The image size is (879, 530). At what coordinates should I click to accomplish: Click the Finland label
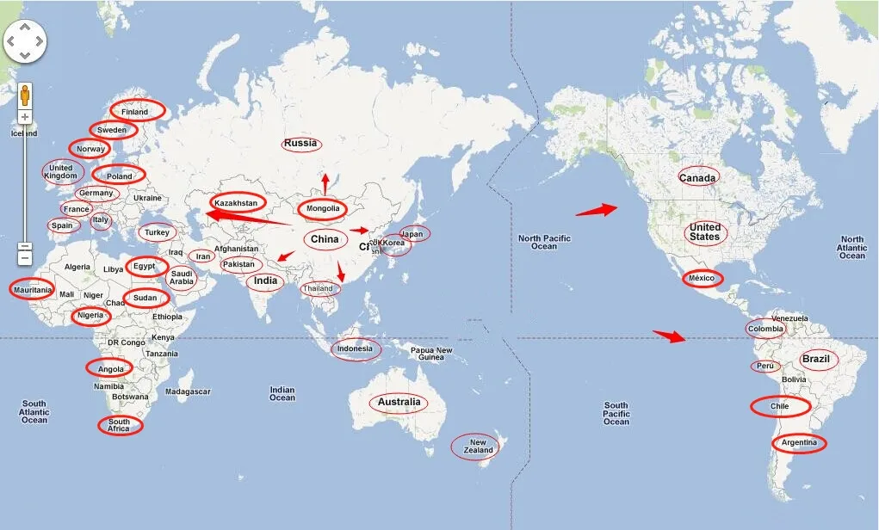tap(134, 112)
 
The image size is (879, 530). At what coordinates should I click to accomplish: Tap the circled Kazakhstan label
tap(236, 204)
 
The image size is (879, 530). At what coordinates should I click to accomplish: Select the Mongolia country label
tap(324, 209)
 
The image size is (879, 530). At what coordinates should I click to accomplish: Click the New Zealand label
tap(478, 447)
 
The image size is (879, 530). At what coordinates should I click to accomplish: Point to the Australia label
tap(399, 403)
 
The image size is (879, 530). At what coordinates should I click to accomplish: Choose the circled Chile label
tap(780, 406)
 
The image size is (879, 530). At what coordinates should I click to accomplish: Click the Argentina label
tap(799, 444)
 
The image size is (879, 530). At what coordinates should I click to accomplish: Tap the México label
tap(703, 279)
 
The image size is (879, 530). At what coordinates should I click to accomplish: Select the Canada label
tap(697, 178)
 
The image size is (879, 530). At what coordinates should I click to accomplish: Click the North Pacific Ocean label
tap(544, 243)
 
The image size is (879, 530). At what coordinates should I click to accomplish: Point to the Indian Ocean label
tap(282, 393)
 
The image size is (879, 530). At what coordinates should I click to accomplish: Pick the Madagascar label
tap(188, 391)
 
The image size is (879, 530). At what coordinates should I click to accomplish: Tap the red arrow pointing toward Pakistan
tap(285, 256)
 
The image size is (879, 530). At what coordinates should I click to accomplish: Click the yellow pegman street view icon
tap(25, 94)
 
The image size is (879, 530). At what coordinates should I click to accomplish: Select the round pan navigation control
tap(25, 40)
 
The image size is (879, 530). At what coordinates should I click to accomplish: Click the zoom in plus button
tap(25, 117)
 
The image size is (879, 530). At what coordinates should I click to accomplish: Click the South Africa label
tap(119, 426)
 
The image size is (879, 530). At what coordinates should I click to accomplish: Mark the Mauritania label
tap(33, 290)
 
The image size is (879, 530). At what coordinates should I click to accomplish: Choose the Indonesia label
tap(355, 349)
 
